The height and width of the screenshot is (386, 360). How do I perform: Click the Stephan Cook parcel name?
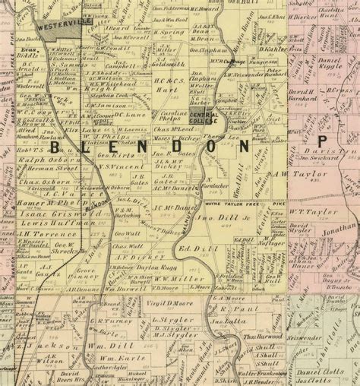[x=111, y=96]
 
